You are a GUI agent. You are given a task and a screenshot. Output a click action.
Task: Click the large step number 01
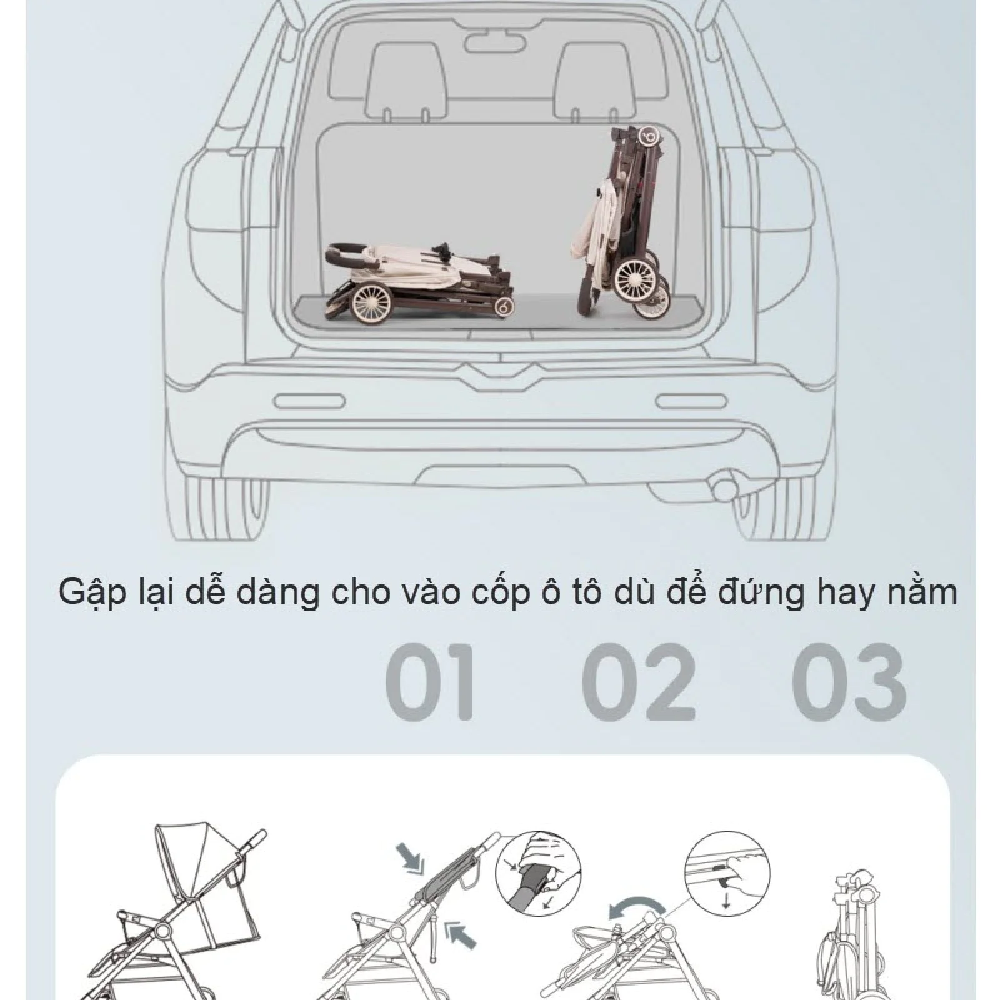pos(431,682)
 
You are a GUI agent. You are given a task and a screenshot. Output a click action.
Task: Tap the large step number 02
pos(638,682)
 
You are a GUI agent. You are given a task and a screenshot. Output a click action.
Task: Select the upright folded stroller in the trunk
pos(620,222)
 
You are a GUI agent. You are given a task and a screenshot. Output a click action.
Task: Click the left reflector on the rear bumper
pos(309,401)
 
